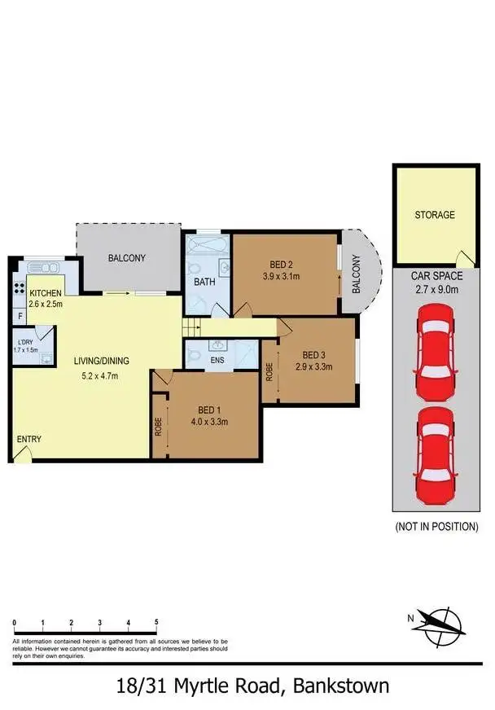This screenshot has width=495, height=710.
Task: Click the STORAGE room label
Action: pos(435,215)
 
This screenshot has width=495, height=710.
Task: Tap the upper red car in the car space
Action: pos(435,354)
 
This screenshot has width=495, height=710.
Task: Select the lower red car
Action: pos(435,457)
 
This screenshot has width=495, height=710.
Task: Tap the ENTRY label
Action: pos(29,440)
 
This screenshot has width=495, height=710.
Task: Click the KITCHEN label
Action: pos(46,292)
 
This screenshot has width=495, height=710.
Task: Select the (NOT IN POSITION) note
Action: pos(436,527)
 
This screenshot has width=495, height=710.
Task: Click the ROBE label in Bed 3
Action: pos(269,373)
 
